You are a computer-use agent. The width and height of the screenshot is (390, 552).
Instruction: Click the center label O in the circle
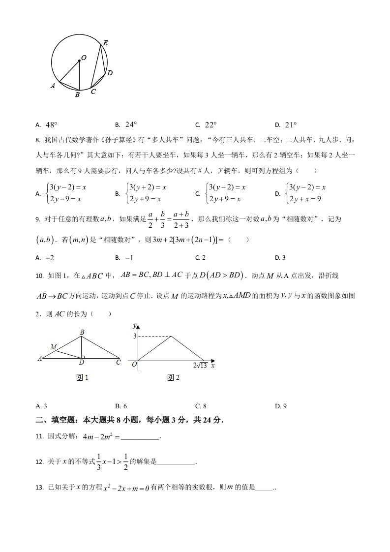click(84, 58)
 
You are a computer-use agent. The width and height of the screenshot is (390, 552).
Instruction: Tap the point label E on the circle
click(105, 43)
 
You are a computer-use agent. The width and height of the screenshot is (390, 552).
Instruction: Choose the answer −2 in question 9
click(49, 257)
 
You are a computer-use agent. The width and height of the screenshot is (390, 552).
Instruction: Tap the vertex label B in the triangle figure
click(82, 333)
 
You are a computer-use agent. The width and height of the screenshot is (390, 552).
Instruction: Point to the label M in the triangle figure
click(53, 347)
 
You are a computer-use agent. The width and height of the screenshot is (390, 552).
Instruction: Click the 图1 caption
click(83, 377)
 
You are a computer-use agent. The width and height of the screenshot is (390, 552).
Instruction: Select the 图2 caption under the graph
click(174, 377)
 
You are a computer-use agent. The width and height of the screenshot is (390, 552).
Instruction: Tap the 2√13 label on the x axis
click(200, 365)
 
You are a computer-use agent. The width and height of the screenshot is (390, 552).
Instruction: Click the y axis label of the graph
click(134, 326)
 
